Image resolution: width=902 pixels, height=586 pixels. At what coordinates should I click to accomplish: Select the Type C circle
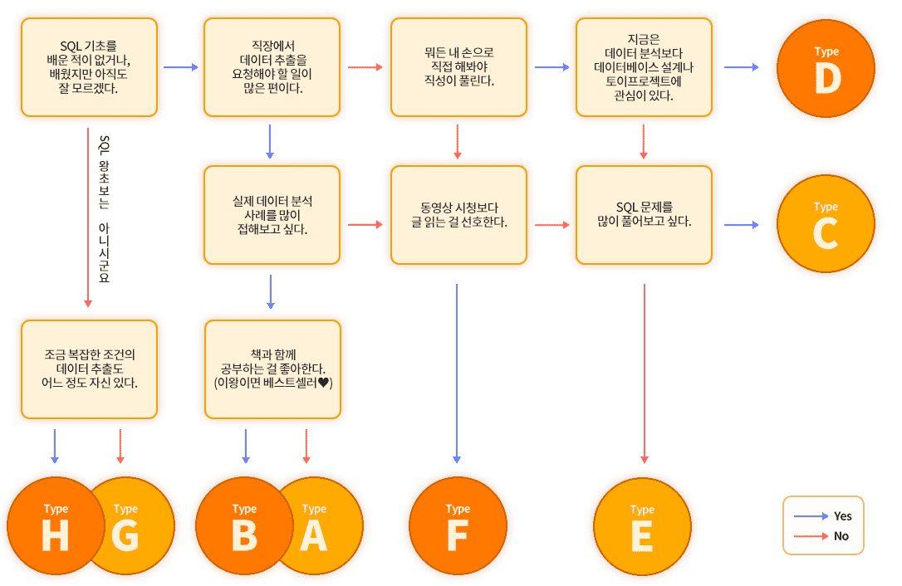(826, 224)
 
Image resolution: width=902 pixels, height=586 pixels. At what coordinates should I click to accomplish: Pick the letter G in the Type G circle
(125, 536)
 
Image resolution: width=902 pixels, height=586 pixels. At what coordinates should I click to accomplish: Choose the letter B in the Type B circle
(244, 536)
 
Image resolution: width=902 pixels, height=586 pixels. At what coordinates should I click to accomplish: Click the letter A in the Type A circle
(314, 536)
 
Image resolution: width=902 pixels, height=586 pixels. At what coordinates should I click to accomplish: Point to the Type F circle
(458, 526)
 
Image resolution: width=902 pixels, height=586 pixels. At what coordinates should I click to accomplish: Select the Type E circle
(642, 526)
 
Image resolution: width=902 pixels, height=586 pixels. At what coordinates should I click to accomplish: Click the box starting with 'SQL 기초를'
(89, 66)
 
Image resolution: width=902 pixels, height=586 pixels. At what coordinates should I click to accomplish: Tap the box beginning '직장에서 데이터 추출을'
(272, 66)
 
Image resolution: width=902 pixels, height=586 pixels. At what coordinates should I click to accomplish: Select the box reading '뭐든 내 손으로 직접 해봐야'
(458, 66)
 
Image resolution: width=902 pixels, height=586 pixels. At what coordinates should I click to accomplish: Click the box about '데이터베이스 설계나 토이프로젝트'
(644, 66)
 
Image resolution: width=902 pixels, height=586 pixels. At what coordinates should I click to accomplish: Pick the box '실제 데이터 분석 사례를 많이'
(272, 214)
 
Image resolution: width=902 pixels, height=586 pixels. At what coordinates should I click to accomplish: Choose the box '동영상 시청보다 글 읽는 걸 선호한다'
(458, 214)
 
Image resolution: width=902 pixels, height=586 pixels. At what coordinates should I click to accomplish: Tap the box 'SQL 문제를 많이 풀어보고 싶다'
(644, 214)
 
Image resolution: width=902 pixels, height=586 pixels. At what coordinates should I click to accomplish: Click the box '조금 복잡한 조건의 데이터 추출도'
(89, 369)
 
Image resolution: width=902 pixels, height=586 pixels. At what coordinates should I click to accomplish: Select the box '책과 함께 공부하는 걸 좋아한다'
(272, 369)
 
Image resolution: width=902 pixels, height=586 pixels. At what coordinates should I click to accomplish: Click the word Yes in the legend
(842, 516)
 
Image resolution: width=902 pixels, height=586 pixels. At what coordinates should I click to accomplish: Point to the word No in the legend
(841, 536)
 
